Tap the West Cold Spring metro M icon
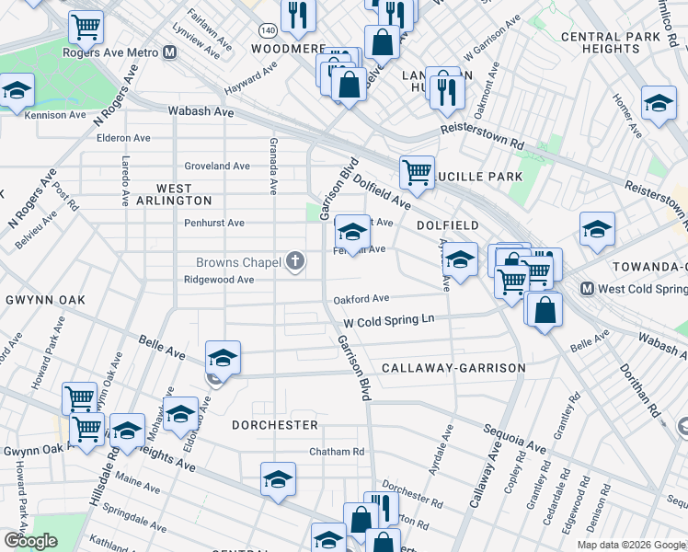(x=587, y=289)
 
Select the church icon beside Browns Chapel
(x=295, y=262)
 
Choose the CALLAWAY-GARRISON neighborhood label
(x=453, y=368)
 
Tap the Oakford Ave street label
(x=361, y=298)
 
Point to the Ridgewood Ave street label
(x=219, y=279)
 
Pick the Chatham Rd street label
(x=337, y=452)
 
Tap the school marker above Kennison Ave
(x=17, y=92)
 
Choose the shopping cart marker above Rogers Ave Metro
(x=86, y=27)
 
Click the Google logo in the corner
(x=30, y=541)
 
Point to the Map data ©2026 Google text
(x=631, y=545)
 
